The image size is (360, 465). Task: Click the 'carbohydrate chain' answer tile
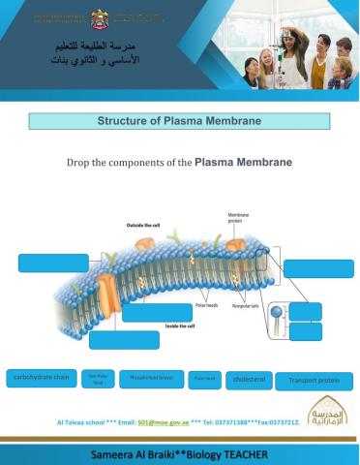tap(40, 379)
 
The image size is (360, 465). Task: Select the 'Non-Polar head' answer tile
tap(98, 379)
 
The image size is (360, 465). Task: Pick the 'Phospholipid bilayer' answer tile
tap(150, 379)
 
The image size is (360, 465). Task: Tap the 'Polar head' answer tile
tap(203, 380)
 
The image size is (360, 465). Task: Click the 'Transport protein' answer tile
tap(314, 381)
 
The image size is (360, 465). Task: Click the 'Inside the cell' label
tap(180, 326)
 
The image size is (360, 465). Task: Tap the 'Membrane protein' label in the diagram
tap(239, 218)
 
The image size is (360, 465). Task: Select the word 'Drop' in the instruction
tap(78, 162)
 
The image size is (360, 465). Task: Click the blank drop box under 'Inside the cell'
tap(124, 340)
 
